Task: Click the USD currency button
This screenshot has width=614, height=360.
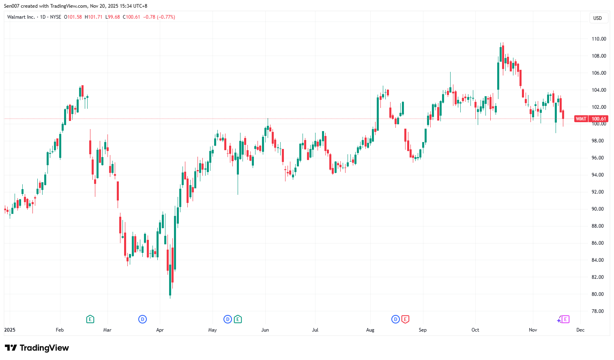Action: pos(597,18)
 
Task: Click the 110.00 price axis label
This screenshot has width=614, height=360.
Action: pos(599,39)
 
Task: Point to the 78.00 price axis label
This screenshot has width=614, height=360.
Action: pos(597,311)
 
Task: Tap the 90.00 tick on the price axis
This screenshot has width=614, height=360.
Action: pos(597,209)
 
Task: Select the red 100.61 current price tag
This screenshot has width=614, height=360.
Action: pos(599,119)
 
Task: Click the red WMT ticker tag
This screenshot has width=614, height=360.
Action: pos(581,119)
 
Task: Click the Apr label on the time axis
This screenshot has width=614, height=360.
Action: pos(160,330)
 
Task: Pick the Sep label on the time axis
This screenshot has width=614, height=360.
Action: pos(423,330)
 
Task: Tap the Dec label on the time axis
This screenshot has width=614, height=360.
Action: pos(580,330)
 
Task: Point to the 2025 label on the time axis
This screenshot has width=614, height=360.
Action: pos(10,330)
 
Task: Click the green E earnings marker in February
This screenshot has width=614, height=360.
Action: pos(90,319)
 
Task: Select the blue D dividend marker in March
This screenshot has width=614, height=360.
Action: pos(142,319)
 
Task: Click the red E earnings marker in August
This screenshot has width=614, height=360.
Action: pos(405,319)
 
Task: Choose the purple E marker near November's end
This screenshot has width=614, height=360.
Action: pos(565,319)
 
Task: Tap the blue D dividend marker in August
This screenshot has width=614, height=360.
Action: pos(395,319)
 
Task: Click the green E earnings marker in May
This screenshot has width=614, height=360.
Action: pos(238,319)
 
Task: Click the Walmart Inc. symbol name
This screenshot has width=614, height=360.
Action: pos(21,17)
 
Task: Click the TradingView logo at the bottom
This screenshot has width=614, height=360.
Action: pos(37,348)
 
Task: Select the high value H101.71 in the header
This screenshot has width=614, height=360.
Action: pos(93,17)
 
